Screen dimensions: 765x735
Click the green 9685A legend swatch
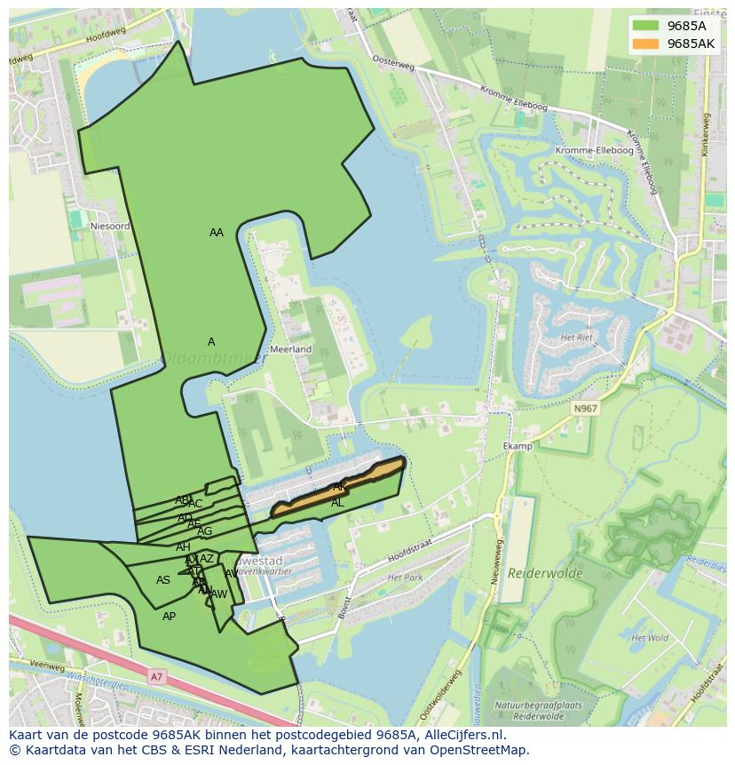pos(646,26)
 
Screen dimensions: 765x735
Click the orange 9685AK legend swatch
pos(646,44)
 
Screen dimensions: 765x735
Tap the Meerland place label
pos(291,349)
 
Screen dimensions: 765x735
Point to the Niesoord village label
pos(111,227)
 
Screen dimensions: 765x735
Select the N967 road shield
pos(585,409)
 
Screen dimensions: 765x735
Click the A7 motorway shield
pos(157,677)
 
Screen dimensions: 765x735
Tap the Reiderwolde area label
pos(545,573)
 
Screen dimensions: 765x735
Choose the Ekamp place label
pos(517,446)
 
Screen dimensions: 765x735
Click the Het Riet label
pos(576,338)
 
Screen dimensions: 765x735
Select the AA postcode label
pos(217,233)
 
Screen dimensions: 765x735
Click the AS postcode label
pos(163,580)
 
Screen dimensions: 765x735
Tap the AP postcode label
pos(169,616)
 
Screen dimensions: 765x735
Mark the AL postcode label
pos(337,503)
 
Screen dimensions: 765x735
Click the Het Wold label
pos(649,638)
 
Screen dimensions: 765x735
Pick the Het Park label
pos(405,578)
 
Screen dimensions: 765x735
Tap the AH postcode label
pos(183,546)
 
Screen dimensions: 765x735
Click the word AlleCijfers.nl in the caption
pos(459,735)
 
